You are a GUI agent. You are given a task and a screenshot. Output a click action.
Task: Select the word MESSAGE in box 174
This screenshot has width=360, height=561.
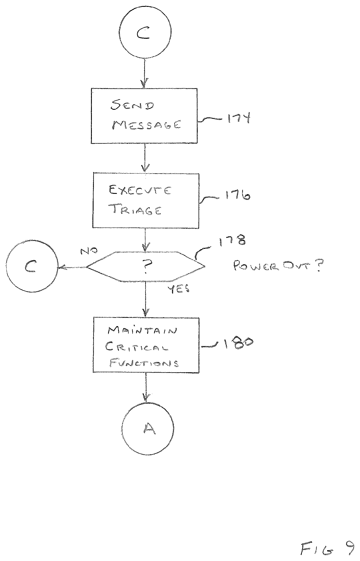(x=146, y=125)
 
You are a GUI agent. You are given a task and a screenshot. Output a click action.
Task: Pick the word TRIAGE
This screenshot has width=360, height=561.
(x=136, y=210)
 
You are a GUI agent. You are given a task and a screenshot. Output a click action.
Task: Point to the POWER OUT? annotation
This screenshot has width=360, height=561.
(x=276, y=267)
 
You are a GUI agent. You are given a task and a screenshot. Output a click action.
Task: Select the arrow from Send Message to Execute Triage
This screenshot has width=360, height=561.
(x=145, y=158)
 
